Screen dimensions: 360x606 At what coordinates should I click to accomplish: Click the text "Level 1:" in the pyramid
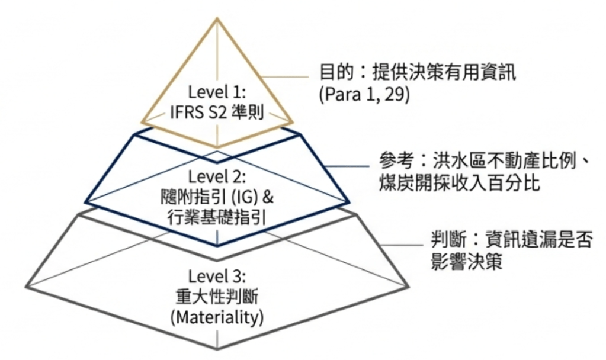click(217, 92)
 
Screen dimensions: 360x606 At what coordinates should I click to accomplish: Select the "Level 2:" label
click(217, 176)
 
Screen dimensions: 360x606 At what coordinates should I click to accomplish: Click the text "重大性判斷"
click(217, 296)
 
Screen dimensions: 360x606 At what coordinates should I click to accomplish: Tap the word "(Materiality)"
click(217, 317)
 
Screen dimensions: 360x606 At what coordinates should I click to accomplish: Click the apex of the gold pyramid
click(217, 19)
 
